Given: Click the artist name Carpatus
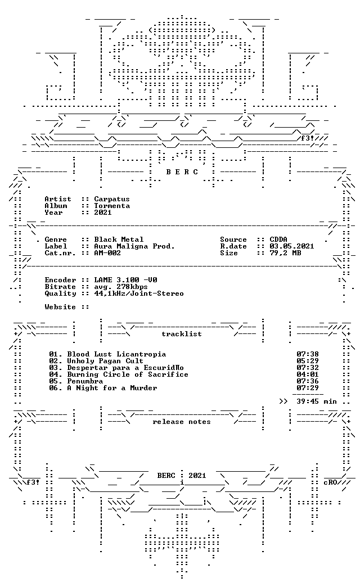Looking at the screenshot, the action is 111,199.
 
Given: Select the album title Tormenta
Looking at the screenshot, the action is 111,206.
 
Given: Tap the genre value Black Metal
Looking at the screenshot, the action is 118,240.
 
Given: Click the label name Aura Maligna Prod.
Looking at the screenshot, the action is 134,246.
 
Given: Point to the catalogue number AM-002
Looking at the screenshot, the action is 107,253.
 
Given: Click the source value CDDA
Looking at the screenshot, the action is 278,240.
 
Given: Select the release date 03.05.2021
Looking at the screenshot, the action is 292,246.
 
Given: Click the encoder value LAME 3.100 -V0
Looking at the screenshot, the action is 125,280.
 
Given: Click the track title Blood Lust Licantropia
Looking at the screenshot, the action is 116,354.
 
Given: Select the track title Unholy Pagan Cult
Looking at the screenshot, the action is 105,361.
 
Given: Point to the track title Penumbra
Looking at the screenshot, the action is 85,381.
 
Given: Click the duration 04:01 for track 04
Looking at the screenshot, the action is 308,374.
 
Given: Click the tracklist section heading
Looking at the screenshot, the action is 182,334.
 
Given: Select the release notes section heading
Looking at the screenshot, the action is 182,422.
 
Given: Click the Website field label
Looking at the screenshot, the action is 60,307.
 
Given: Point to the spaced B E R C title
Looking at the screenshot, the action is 182,172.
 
